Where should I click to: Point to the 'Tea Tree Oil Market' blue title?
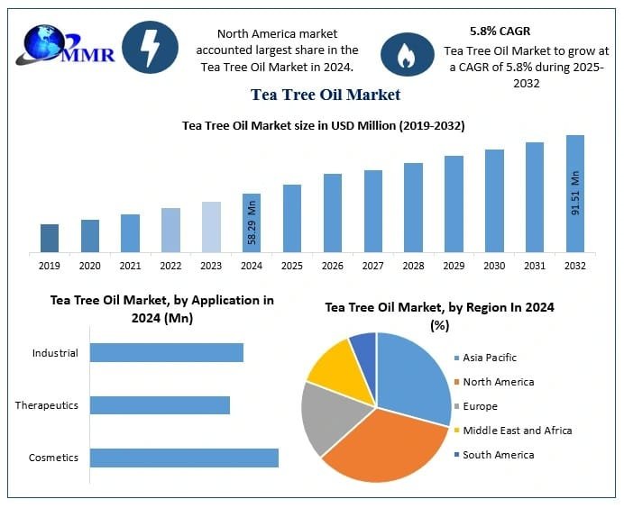[x=326, y=94]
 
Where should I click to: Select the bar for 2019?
[x=50, y=238]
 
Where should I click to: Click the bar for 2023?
[x=211, y=226]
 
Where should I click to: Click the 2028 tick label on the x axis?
[x=413, y=266]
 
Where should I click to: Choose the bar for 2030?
[x=494, y=200]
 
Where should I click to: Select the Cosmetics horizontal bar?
[x=184, y=458]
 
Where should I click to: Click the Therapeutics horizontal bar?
[x=160, y=405]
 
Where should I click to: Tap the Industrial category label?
[x=55, y=353]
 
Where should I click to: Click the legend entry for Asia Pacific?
[x=491, y=358]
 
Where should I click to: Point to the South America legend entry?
[x=498, y=455]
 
